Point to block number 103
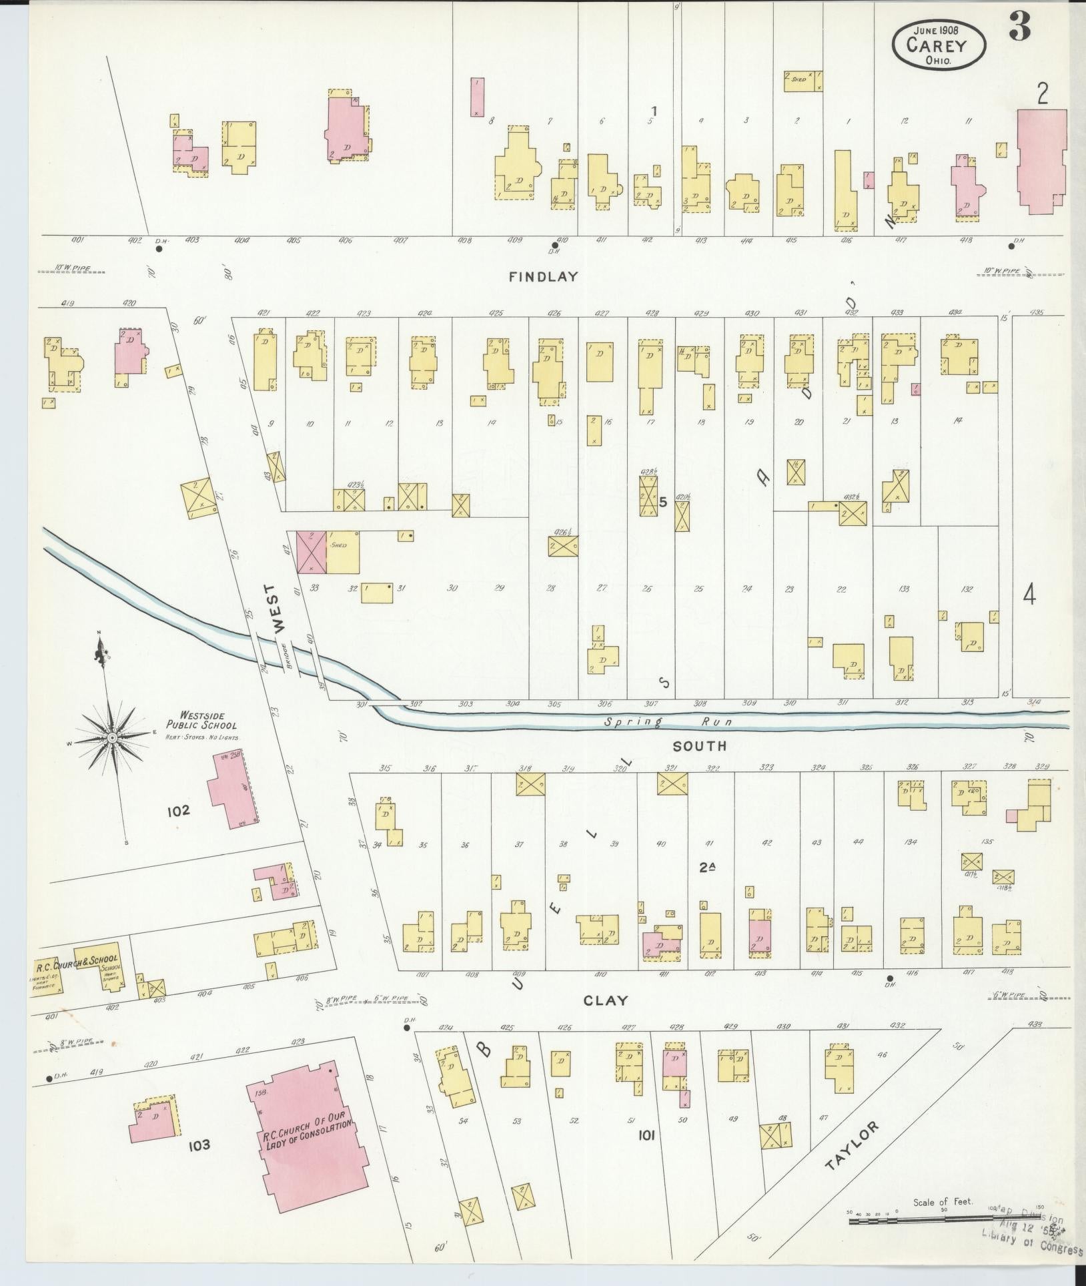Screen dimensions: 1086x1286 click(x=199, y=1145)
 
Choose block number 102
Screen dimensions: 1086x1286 click(x=179, y=811)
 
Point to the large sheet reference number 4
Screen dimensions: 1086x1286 click(x=1029, y=595)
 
